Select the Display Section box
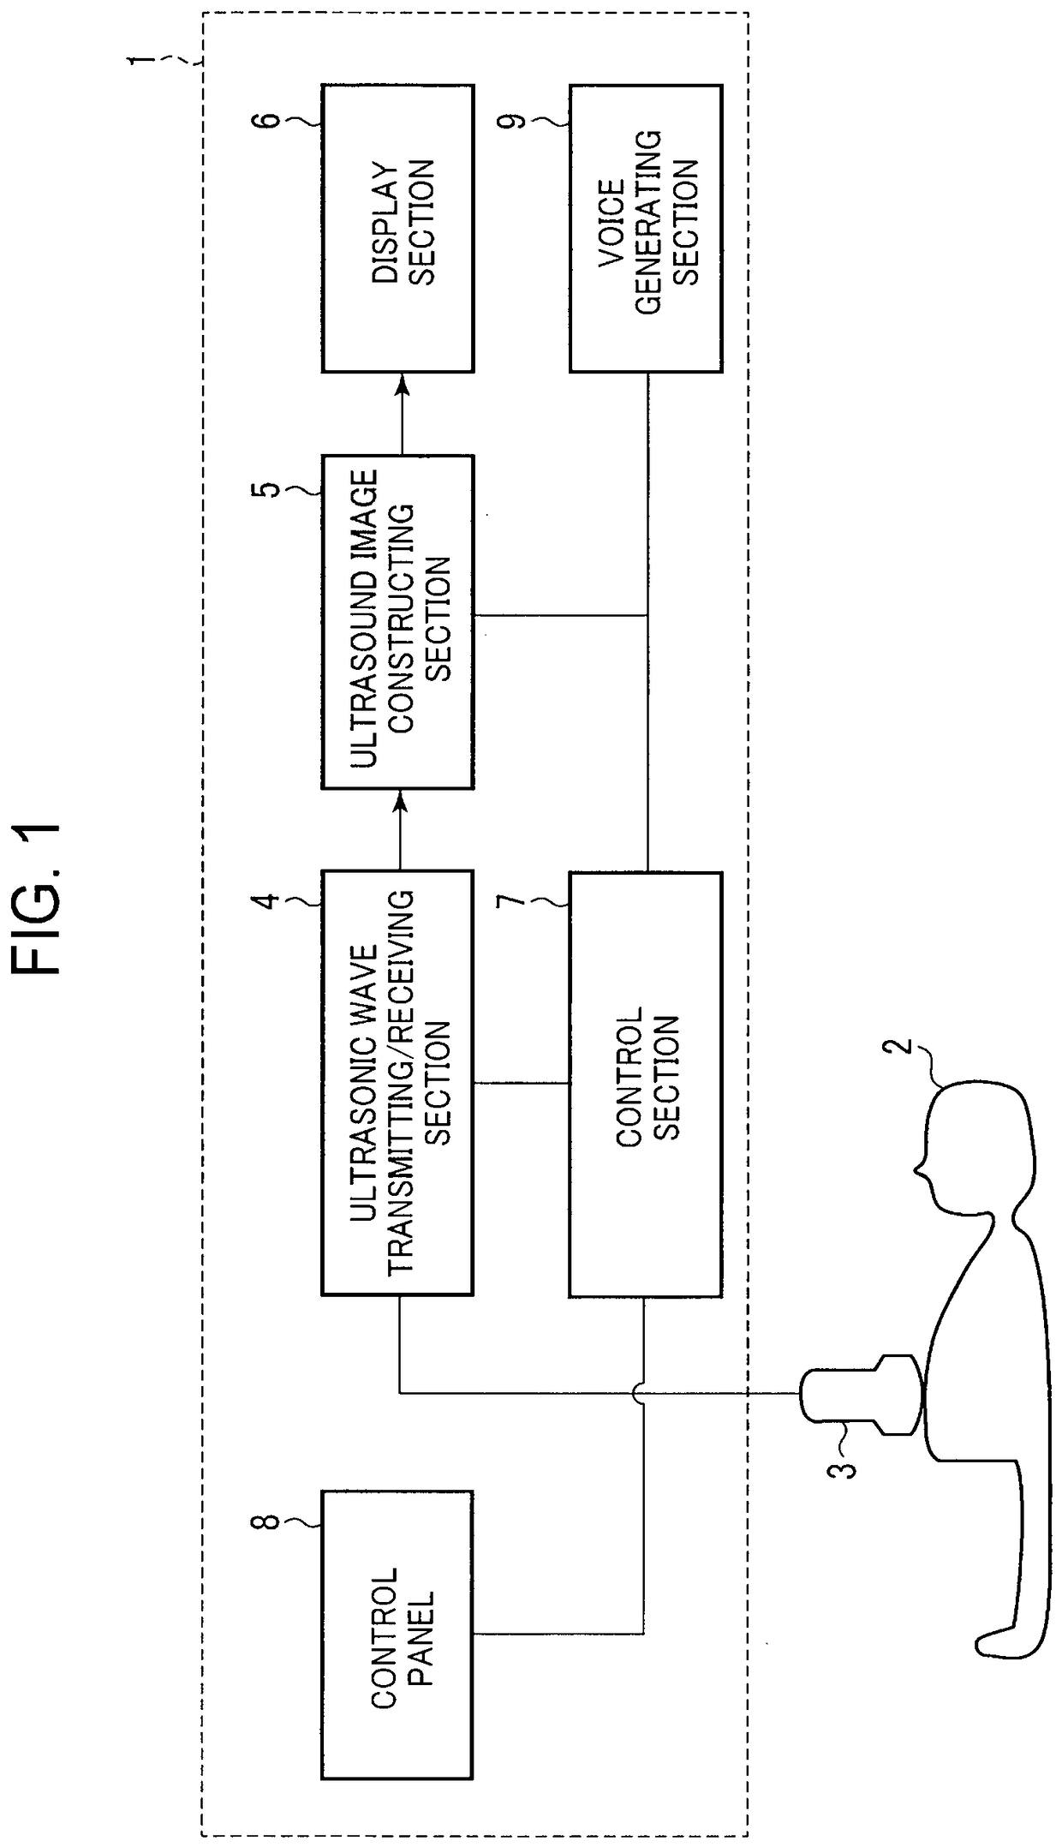click(x=397, y=228)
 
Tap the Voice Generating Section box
click(x=646, y=228)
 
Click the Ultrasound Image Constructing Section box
click(x=397, y=622)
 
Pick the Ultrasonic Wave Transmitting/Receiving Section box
click(x=397, y=1082)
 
